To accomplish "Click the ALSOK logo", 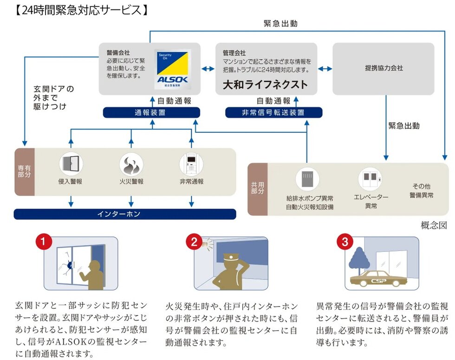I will coord(172,69).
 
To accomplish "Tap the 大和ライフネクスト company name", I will coord(265,84).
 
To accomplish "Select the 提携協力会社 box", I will coord(383,68).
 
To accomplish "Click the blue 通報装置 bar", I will coord(151,112).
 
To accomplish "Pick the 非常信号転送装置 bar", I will coord(273,112).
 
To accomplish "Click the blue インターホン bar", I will coord(125,214).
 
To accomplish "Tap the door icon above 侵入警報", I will coord(71,164).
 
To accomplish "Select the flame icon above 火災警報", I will coord(131,164).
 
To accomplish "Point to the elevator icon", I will coord(370,179).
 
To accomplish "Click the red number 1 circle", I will coord(43,242).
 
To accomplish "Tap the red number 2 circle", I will coord(194,242).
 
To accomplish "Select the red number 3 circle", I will coord(344,242).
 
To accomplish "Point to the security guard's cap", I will coord(231,257).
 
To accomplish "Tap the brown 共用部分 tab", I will coord(258,188).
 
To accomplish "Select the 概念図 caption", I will coord(434,225).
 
